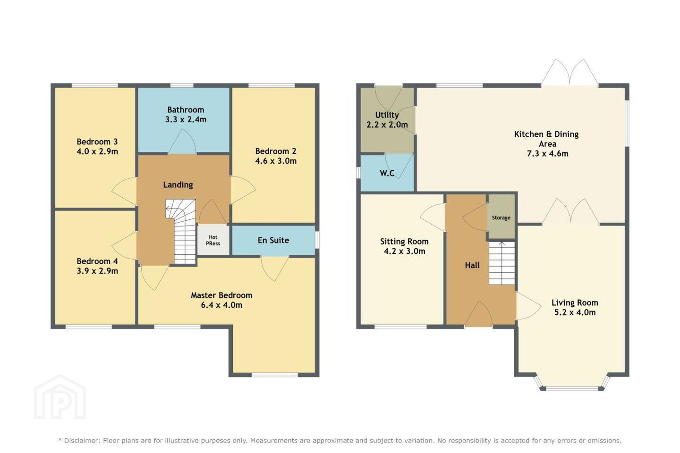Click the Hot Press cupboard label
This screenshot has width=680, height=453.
(213, 240)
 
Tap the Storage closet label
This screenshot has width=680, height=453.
(501, 218)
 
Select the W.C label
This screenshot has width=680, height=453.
(387, 173)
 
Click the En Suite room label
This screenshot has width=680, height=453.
(273, 240)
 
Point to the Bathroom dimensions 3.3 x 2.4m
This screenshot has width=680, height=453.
(186, 119)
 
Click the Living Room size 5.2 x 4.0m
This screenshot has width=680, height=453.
(575, 312)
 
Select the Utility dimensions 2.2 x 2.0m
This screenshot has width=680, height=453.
(387, 125)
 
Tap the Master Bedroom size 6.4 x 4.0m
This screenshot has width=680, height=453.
(221, 305)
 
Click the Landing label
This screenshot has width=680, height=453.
(178, 185)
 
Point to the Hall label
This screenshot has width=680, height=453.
(472, 266)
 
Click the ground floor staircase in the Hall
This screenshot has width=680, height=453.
(502, 263)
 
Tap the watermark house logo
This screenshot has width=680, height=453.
(60, 397)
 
